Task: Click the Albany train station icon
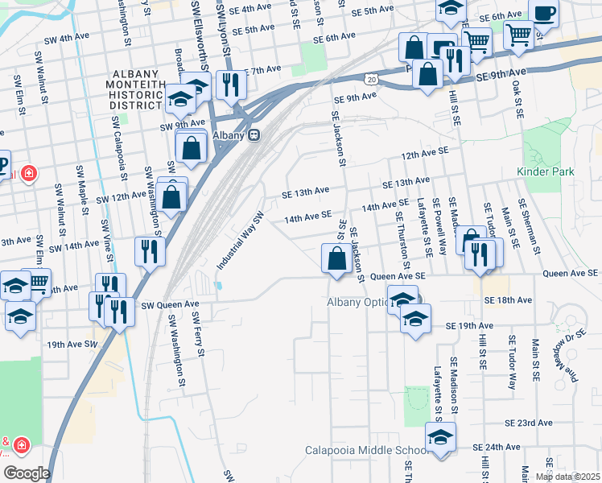pyautogui.click(x=254, y=135)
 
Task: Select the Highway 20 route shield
pyautogui.click(x=369, y=79)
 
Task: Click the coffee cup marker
pyautogui.click(x=542, y=14)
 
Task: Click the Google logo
pyautogui.click(x=26, y=473)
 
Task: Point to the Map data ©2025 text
pyautogui.click(x=567, y=477)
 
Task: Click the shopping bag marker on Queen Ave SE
pyautogui.click(x=336, y=259)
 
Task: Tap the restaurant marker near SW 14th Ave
pyautogui.click(x=150, y=250)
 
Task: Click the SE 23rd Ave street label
pyautogui.click(x=529, y=423)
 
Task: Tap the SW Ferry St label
pyautogui.click(x=196, y=336)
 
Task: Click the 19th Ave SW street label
pyautogui.click(x=72, y=344)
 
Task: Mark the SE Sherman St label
pyautogui.click(x=530, y=225)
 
